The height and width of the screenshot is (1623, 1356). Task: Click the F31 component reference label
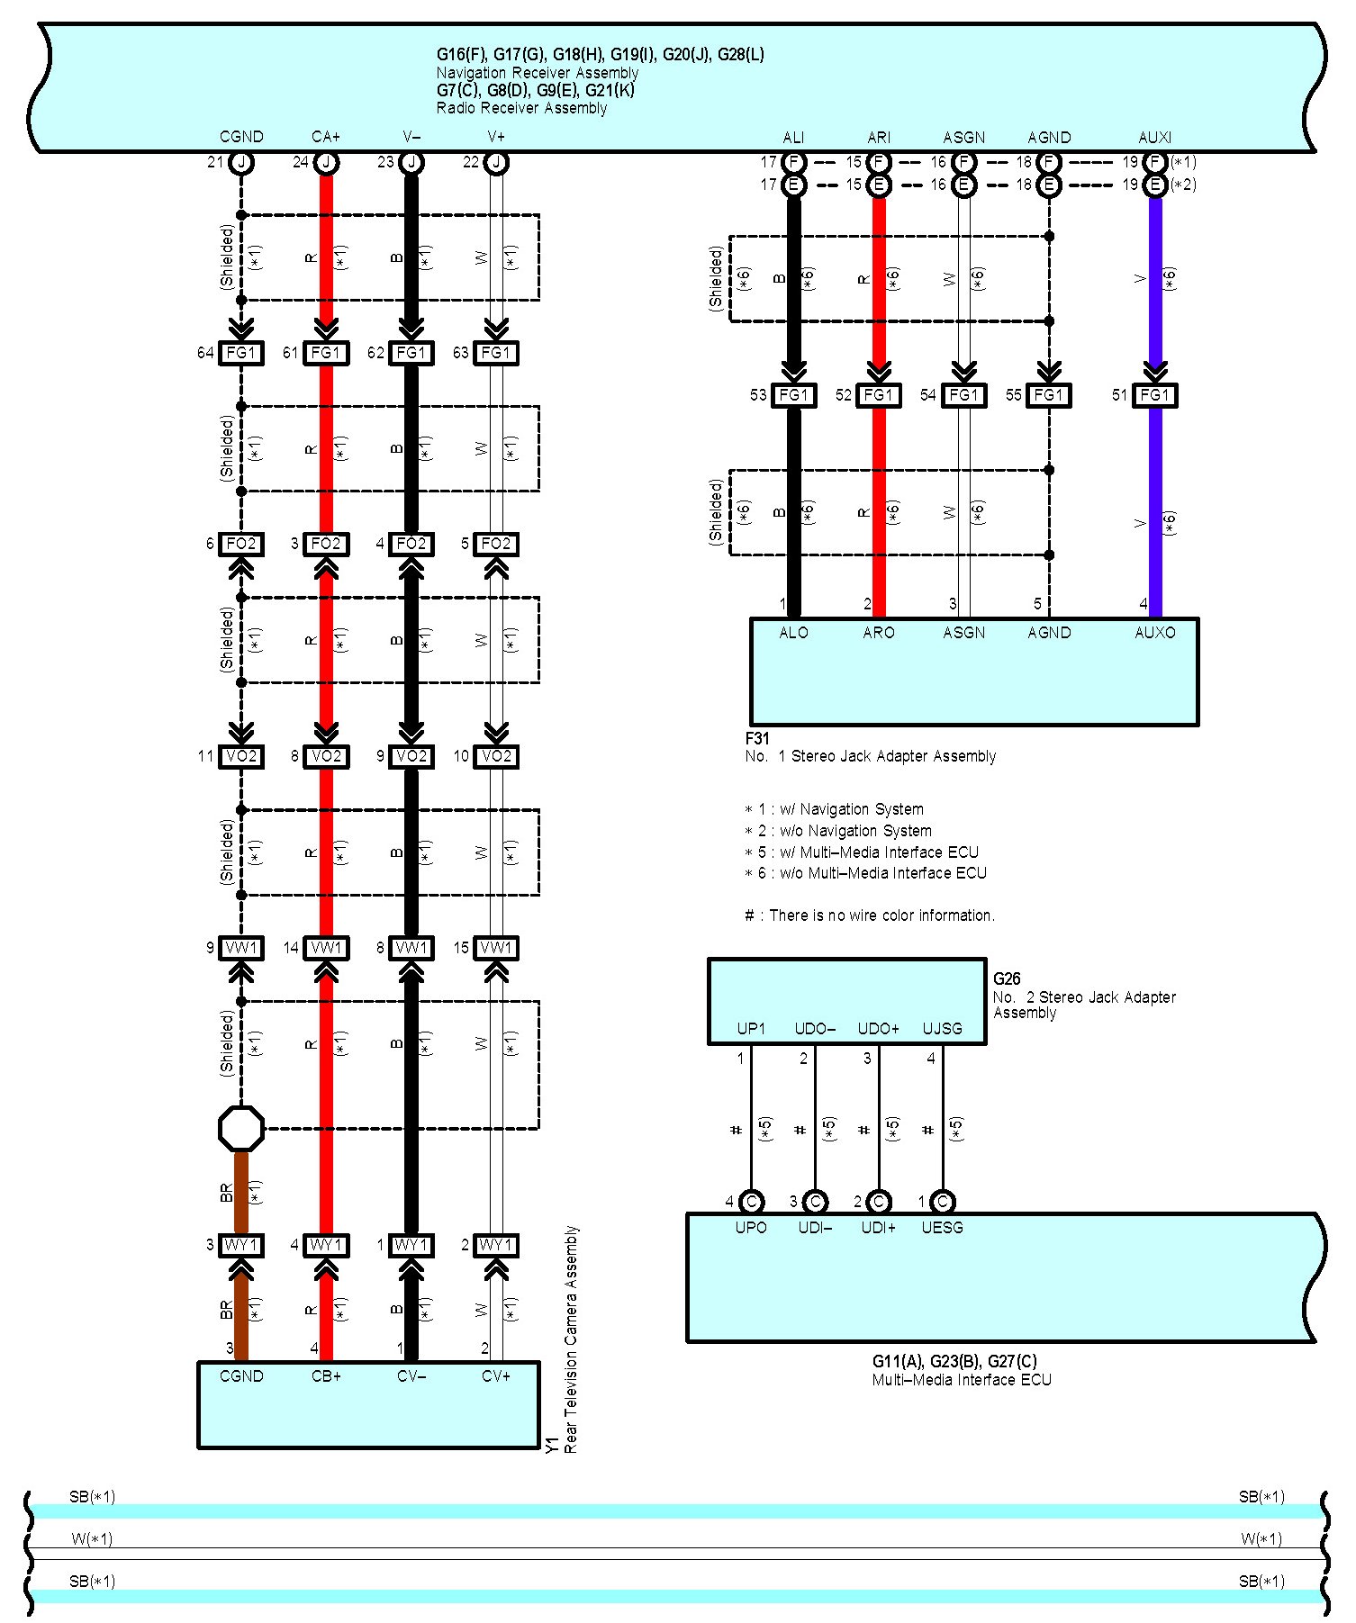tap(756, 738)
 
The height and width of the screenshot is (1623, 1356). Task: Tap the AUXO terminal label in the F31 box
tap(1154, 633)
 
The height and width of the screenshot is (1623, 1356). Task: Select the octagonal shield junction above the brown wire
tap(241, 1128)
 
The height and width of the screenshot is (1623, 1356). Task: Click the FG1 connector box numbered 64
tap(241, 353)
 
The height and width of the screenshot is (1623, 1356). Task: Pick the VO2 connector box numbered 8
tap(326, 756)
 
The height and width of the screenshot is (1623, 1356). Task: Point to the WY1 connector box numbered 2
tap(495, 1245)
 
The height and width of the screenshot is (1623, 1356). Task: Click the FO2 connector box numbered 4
tap(411, 544)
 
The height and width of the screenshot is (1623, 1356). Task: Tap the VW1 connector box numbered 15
tap(495, 948)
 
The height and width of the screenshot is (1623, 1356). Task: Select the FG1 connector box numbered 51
tap(1154, 395)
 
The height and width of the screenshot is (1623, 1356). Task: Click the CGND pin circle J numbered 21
tap(241, 163)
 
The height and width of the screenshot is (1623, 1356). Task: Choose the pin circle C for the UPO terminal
tap(751, 1202)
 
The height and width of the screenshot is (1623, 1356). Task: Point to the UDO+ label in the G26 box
tap(878, 1029)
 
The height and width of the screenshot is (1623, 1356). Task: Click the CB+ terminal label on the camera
tap(326, 1376)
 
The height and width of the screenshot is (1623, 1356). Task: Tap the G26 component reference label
tap(1007, 978)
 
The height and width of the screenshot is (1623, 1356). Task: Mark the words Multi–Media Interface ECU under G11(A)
tap(962, 1380)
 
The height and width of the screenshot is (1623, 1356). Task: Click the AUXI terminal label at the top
tap(1154, 138)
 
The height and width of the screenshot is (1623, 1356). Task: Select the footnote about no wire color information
tap(870, 915)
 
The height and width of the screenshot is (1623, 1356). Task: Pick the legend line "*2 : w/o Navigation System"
tap(838, 831)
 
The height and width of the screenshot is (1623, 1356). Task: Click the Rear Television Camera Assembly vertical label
tap(571, 1339)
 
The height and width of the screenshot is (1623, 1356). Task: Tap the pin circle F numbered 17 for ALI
tap(793, 163)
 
